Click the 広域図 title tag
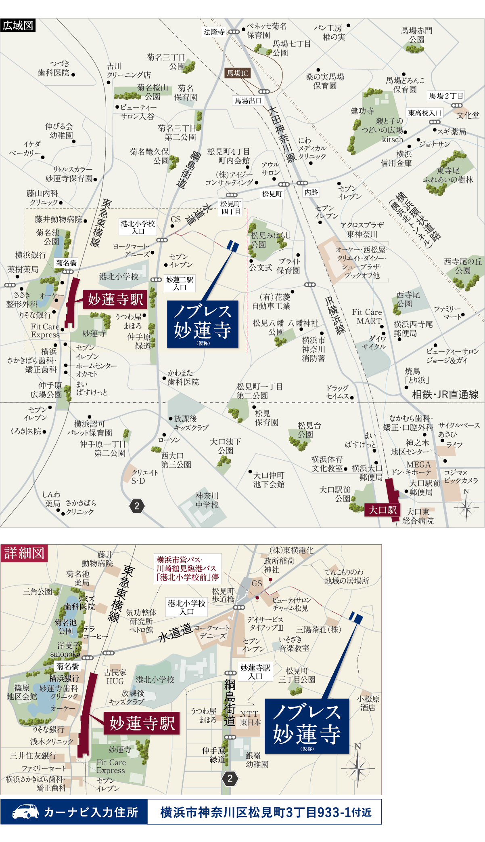pos(18,25)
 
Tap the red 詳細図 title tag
pos(24,553)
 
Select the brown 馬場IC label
pos(237,73)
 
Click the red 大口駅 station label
pos(382,510)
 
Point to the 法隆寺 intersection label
pos(214,32)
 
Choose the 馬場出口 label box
pos(248,101)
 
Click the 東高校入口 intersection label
pos(425,113)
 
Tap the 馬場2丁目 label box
pos(446,96)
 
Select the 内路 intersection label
pos(311,192)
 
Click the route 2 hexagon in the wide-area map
pos(137,506)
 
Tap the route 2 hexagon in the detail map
pos(230,779)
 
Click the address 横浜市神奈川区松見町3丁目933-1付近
pos(265,812)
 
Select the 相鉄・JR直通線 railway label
pos(445,395)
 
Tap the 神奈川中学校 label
pos(207,500)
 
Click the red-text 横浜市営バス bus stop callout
pos(188,568)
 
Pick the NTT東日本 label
pos(251,718)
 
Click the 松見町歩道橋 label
pos(223,595)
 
